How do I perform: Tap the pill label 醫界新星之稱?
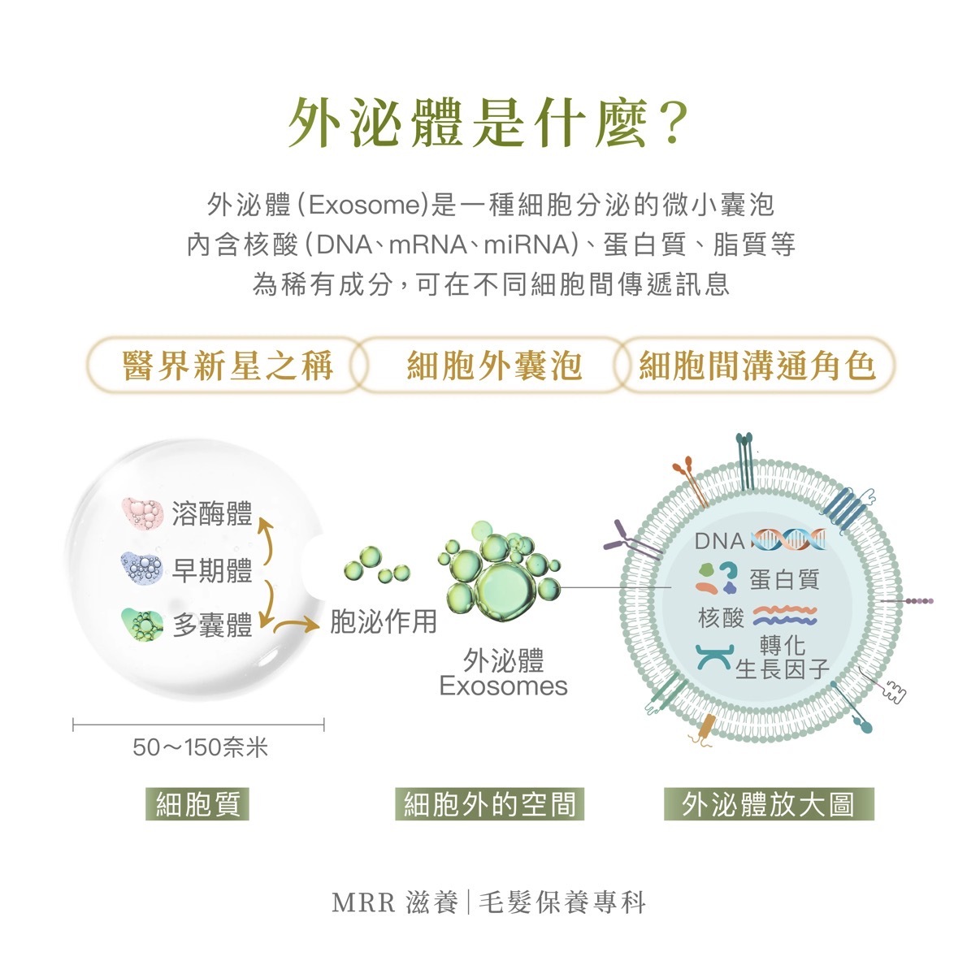228,366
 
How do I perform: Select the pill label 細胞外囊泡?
494,366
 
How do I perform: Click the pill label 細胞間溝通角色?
757,366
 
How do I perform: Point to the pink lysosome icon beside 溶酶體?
142,513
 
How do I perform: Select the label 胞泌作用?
384,622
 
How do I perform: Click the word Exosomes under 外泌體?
503,686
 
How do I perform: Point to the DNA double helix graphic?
787,539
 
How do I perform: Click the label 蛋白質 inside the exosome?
784,579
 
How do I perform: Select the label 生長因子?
782,669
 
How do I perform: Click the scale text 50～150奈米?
200,747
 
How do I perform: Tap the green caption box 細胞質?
197,804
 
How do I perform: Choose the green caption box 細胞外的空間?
490,804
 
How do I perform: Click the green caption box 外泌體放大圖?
769,804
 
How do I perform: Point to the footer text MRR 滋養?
396,903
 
